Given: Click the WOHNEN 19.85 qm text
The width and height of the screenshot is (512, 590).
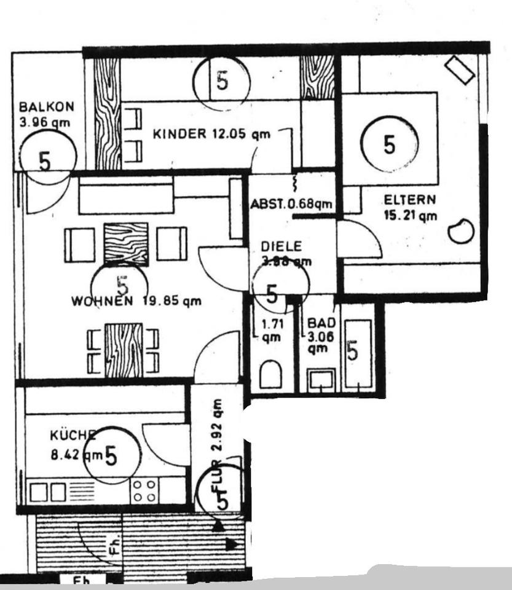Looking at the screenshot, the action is click(136, 301).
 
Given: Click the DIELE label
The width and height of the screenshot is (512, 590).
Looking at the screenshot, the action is click(281, 246).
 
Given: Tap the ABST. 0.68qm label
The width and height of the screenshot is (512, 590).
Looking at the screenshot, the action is click(291, 204).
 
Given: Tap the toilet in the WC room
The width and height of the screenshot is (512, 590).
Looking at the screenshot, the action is click(271, 374).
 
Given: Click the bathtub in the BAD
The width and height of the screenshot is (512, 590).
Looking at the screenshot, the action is click(358, 353).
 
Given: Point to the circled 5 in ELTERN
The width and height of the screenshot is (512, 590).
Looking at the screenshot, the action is click(388, 144).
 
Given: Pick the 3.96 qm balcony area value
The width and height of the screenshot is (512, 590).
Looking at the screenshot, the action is click(44, 122).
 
